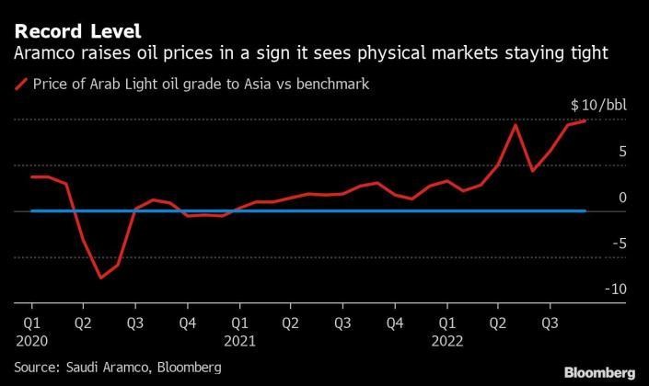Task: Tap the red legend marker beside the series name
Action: [x=20, y=85]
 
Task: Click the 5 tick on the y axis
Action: [x=597, y=152]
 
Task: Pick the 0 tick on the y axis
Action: [x=597, y=198]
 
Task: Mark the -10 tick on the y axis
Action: [x=590, y=289]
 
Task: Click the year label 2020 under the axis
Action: [x=31, y=339]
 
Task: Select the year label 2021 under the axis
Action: [x=238, y=339]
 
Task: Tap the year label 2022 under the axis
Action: [x=446, y=339]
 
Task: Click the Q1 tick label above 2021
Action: [x=238, y=323]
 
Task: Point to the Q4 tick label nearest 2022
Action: [x=394, y=323]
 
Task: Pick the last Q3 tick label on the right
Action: [x=550, y=323]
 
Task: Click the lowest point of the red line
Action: [x=101, y=278]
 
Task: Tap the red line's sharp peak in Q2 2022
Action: [x=516, y=125]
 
